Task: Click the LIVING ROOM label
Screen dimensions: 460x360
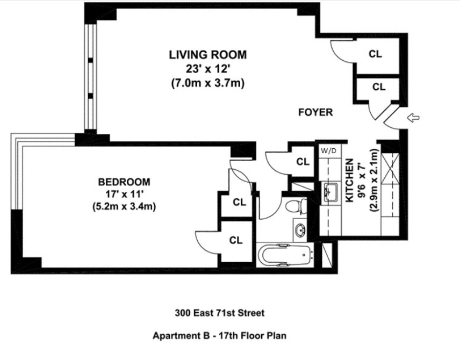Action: (208, 55)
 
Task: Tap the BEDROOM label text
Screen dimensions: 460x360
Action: (124, 182)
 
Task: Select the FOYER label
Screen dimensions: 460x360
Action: (315, 112)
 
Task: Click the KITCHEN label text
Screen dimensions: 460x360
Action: (349, 181)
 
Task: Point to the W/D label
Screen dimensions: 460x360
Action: (328, 151)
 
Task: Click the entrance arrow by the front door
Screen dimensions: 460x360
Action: (414, 118)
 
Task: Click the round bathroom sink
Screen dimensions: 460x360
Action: (300, 229)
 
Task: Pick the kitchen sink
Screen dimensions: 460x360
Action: (330, 193)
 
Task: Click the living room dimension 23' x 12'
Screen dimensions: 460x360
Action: (208, 69)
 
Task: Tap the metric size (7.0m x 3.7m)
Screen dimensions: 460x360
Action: (208, 83)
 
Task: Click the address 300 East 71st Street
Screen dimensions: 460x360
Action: (220, 313)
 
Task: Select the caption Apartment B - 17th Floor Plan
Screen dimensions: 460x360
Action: (219, 335)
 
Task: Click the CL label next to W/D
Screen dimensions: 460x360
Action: (303, 162)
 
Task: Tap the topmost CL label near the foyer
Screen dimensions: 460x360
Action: (375, 54)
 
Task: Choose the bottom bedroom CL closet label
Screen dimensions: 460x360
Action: (236, 240)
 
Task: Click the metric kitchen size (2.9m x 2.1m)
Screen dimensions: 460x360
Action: (375, 181)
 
